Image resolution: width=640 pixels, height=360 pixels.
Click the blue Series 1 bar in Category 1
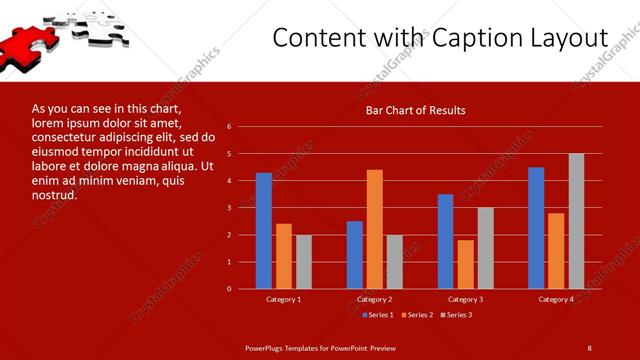pos(264,230)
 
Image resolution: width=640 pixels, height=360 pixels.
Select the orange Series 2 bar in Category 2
pos(375,228)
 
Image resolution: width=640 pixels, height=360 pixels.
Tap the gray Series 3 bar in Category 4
pos(576,221)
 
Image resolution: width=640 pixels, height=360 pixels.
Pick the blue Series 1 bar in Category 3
pos(446,241)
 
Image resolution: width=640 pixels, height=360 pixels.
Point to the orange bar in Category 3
pos(466,264)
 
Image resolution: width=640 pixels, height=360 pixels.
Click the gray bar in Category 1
pos(304,261)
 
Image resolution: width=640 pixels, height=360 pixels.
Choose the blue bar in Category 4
pos(537,227)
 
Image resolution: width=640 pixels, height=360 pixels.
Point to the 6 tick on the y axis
pos(229,127)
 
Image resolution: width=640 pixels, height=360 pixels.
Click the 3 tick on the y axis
pos(229,208)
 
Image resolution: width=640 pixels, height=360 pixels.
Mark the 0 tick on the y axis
pos(229,289)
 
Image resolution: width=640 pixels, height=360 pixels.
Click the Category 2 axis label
pos(375,299)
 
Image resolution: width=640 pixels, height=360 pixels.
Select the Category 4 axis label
pos(556,299)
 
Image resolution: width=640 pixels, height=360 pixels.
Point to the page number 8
pos(590,347)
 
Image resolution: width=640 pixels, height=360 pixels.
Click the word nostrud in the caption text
pos(55,194)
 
